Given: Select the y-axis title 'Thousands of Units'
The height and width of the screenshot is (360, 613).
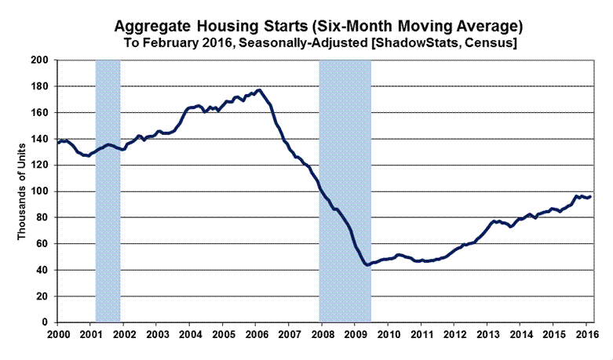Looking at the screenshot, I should (x=24, y=191).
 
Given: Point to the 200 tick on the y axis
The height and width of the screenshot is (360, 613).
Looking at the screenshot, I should (x=42, y=60).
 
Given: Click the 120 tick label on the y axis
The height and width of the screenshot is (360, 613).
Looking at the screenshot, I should (x=42, y=165).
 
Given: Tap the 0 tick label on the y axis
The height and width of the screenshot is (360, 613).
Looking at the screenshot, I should (x=48, y=322).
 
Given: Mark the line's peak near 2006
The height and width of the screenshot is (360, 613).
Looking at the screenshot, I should (x=259, y=90).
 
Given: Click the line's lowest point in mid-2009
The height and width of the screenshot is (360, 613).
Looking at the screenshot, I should (x=367, y=265).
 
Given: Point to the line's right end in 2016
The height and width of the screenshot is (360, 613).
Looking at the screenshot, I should (x=590, y=196).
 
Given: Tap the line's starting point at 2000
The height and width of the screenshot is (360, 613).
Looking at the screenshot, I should (x=57, y=142).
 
